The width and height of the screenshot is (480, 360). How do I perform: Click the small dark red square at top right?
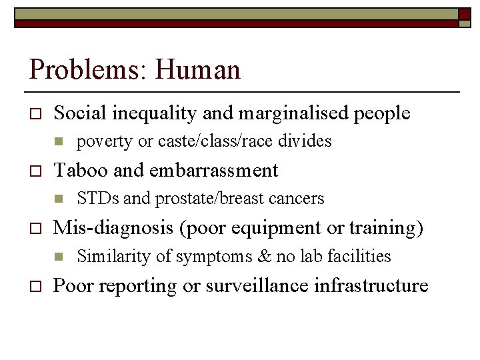pos(464,14)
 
